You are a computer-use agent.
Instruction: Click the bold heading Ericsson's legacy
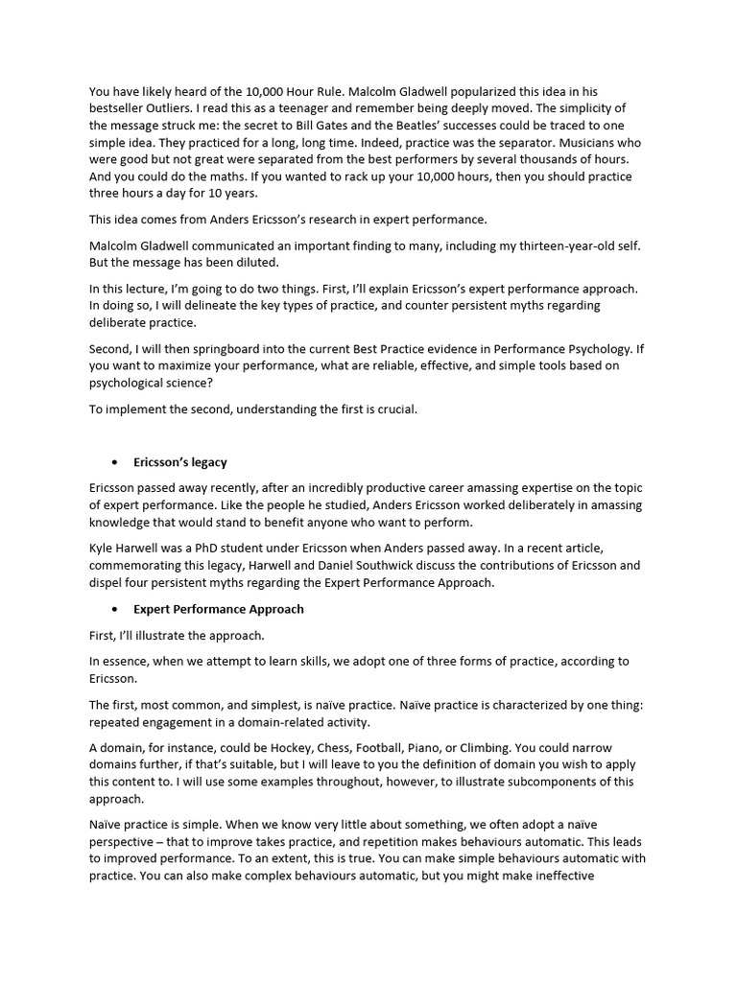point(180,462)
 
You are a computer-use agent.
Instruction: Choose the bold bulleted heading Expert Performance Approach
point(219,609)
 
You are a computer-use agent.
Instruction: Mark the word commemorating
point(141,565)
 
